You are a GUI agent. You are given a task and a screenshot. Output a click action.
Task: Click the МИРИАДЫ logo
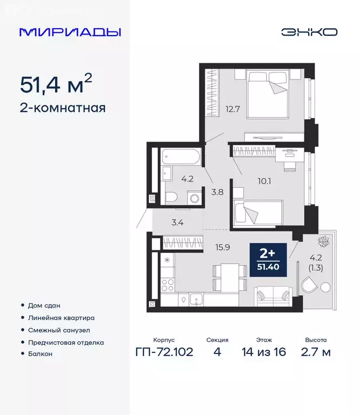[70, 32]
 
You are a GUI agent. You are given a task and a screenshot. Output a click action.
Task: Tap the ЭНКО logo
[309, 32]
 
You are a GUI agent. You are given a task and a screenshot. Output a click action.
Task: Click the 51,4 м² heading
[56, 84]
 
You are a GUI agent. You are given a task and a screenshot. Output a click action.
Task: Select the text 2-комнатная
[62, 108]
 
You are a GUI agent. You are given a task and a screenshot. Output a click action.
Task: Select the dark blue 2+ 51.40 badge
[268, 259]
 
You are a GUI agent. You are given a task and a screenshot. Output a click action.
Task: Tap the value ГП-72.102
[165, 353]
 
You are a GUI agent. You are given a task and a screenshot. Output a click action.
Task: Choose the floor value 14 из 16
[264, 353]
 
